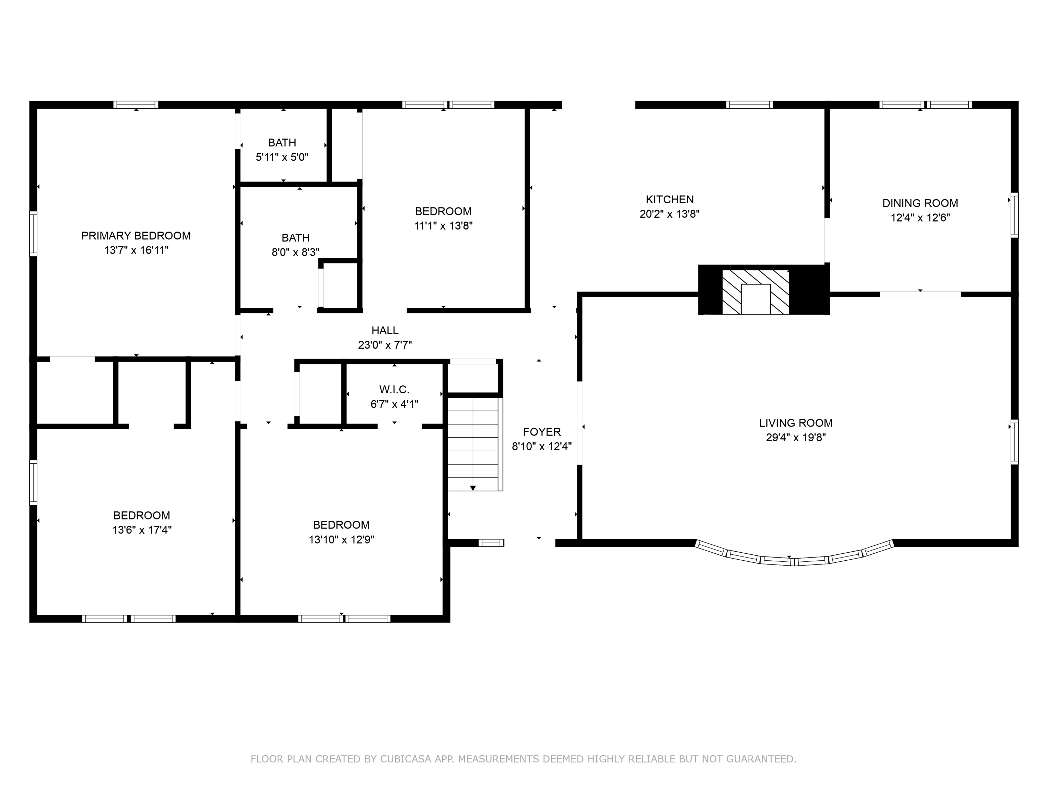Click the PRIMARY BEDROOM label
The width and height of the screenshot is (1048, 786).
(136, 235)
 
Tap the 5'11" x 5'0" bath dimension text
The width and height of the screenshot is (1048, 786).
(282, 157)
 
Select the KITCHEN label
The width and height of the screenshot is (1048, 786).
(669, 199)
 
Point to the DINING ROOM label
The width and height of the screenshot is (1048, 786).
(919, 203)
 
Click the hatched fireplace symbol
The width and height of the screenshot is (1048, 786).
(755, 292)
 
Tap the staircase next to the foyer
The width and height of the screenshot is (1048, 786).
(473, 444)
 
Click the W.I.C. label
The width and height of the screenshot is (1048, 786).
(394, 390)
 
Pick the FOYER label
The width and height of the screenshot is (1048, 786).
(541, 432)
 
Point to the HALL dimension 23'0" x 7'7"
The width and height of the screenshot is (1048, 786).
(385, 345)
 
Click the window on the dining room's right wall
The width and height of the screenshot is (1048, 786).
(1014, 215)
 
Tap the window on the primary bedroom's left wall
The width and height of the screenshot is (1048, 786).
(33, 234)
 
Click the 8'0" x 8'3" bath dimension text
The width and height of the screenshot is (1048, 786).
(295, 252)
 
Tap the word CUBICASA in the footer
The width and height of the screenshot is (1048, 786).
(405, 759)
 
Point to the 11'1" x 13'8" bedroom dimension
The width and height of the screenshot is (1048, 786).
(443, 226)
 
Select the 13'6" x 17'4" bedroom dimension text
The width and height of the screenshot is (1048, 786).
(142, 530)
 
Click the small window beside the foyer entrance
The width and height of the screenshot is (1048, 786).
(491, 543)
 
